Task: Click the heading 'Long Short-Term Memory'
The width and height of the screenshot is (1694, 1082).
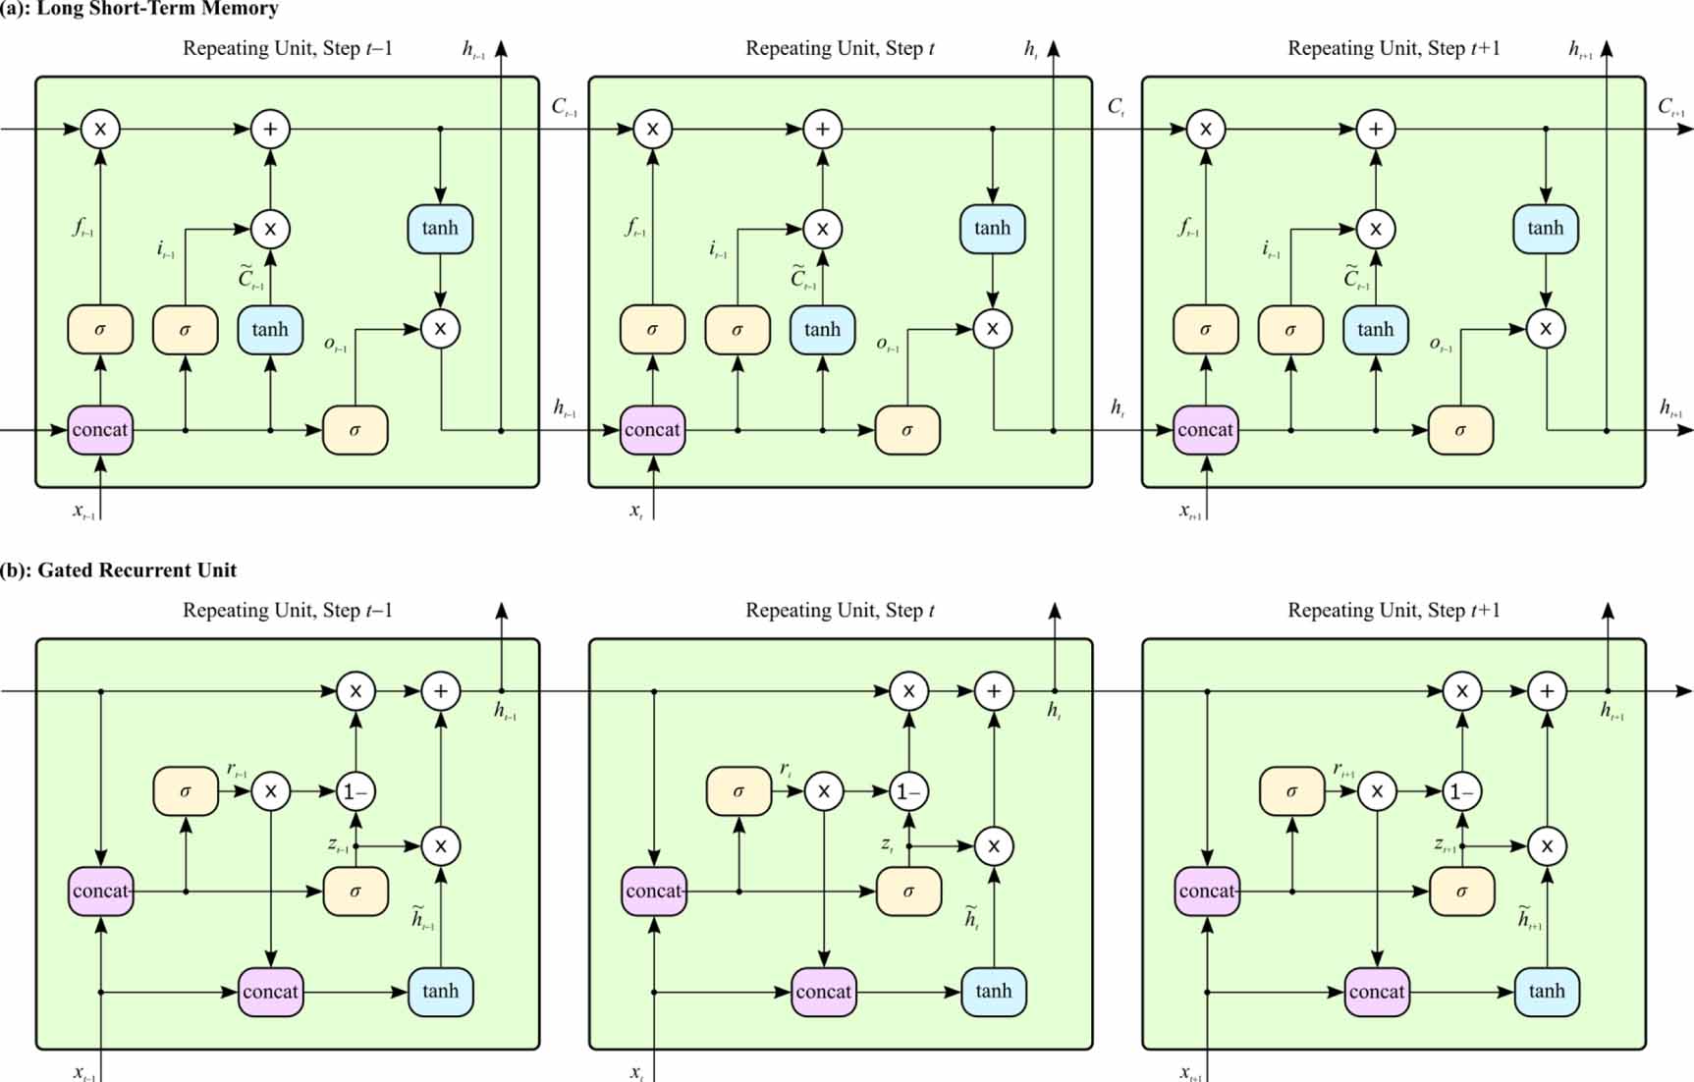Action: [x=157, y=9]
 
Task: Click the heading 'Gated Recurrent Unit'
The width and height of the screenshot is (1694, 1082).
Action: [x=137, y=570]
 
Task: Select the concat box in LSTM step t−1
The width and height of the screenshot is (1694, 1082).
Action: [x=100, y=430]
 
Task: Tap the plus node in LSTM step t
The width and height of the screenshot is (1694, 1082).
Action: [x=822, y=129]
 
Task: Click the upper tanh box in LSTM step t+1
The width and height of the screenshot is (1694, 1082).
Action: [x=1545, y=228]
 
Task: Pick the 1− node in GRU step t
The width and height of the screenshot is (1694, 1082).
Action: [x=908, y=791]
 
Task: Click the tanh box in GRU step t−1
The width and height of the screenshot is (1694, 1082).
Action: [x=440, y=991]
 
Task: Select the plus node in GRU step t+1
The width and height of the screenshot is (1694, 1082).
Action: [x=1547, y=691]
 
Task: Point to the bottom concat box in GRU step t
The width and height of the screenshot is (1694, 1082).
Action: [x=823, y=991]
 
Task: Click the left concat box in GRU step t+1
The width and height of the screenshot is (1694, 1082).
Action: [x=1207, y=892]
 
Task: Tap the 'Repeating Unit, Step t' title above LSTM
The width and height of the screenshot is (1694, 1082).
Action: [x=840, y=48]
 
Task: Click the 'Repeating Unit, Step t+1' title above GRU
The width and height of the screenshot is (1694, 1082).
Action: [x=1393, y=611]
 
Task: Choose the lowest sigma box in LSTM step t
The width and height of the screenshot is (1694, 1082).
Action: [x=906, y=430]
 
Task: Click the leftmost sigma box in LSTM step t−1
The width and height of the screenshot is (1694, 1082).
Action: [x=100, y=329]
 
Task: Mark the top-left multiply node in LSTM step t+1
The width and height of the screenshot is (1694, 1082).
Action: [x=1205, y=129]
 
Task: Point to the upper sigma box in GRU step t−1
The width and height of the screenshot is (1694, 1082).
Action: [x=186, y=791]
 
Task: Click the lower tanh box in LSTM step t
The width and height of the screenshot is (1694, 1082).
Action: [x=822, y=329]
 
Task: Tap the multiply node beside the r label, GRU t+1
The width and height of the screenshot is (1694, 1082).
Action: [x=1377, y=791]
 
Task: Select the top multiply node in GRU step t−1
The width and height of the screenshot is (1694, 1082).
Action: [x=355, y=691]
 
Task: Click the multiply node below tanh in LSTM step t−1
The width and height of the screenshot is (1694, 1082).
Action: [x=440, y=329]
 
